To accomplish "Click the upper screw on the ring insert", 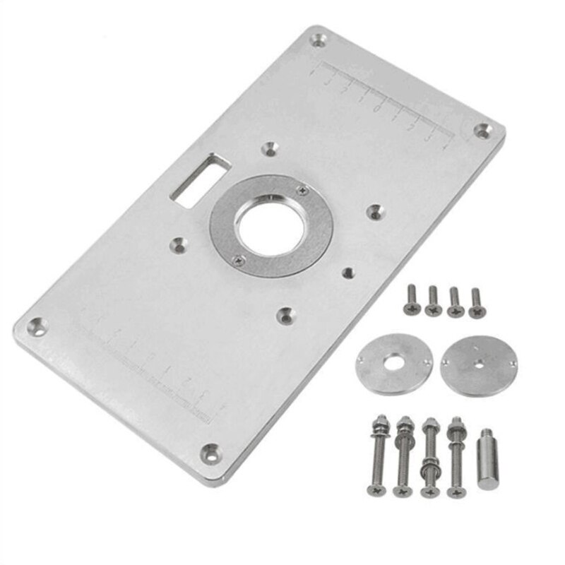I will point(303,189).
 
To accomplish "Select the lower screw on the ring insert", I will point(239,261).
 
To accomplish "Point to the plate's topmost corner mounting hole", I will point(318,40).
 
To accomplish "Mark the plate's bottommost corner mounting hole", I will point(208,453).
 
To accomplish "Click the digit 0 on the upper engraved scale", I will point(379,107).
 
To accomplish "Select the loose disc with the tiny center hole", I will point(478,365).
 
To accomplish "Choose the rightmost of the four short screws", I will point(476,302).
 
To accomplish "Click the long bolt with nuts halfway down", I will point(429,458).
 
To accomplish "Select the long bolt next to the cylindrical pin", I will point(455,456).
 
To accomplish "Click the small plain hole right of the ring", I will point(346,271).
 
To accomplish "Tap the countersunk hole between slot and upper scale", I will point(269,149).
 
